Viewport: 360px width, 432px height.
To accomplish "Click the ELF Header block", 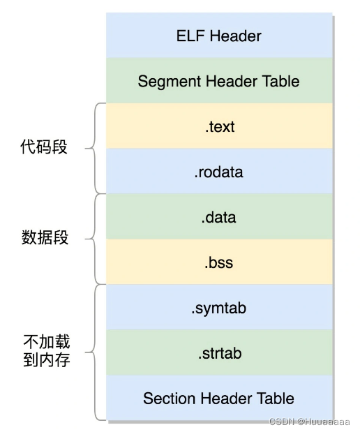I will coord(218,36).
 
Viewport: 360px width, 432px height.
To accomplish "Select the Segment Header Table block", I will coord(218,81).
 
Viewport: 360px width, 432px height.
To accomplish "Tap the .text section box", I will coord(218,126).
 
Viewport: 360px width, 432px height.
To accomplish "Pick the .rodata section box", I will coord(218,172).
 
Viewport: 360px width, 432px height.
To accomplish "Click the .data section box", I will coord(218,217).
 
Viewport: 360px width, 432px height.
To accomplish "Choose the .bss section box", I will coord(218,262).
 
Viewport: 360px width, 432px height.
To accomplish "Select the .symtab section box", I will coord(218,308).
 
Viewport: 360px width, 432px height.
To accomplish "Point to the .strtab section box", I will coord(218,353).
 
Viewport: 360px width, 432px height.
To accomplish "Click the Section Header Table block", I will coord(218,399).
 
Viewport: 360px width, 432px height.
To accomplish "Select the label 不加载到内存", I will coord(47,351).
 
